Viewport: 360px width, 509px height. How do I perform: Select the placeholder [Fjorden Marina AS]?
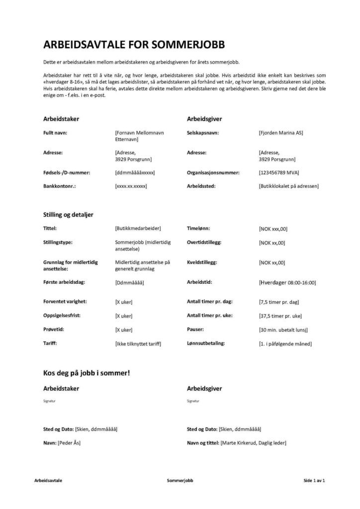(x=280, y=133)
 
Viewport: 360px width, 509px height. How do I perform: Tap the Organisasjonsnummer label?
(x=213, y=172)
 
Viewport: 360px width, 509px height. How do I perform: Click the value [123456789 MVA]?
(x=279, y=172)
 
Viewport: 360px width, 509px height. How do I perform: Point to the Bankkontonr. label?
(x=61, y=186)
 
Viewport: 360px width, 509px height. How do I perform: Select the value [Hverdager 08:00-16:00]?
(x=287, y=282)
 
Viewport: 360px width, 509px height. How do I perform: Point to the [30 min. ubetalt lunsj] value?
(x=283, y=330)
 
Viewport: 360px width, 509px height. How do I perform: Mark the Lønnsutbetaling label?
(x=206, y=343)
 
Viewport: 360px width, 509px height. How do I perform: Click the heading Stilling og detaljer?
(x=69, y=214)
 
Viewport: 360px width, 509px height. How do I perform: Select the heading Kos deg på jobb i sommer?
(x=87, y=372)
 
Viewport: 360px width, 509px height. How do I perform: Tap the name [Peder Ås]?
(x=69, y=442)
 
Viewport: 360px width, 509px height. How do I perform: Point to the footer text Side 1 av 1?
(x=314, y=481)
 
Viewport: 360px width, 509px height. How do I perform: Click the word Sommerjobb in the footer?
(x=180, y=481)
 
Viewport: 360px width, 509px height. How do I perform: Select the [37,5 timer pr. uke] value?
(x=280, y=316)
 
